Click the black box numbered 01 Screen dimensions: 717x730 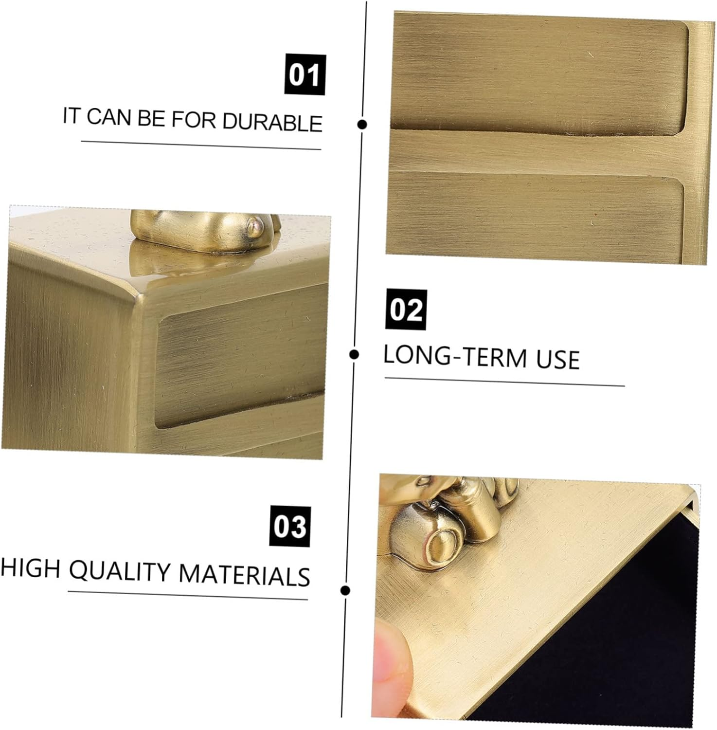tap(305, 75)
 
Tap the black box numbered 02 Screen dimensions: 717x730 tap(406, 309)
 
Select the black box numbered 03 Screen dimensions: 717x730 tap(290, 527)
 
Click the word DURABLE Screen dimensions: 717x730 tap(272, 121)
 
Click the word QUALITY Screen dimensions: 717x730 tap(120, 571)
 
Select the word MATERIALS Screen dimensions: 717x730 tap(245, 574)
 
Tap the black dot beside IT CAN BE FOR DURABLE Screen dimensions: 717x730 tap(362, 124)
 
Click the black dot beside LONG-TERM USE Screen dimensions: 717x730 tap(355, 354)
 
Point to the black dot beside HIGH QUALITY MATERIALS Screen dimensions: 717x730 tap(346, 591)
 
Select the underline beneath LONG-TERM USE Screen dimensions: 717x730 tap(504, 382)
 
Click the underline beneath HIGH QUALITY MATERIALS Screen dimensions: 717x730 tap(188, 595)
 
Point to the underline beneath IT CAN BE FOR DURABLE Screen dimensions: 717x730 tap(201, 145)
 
